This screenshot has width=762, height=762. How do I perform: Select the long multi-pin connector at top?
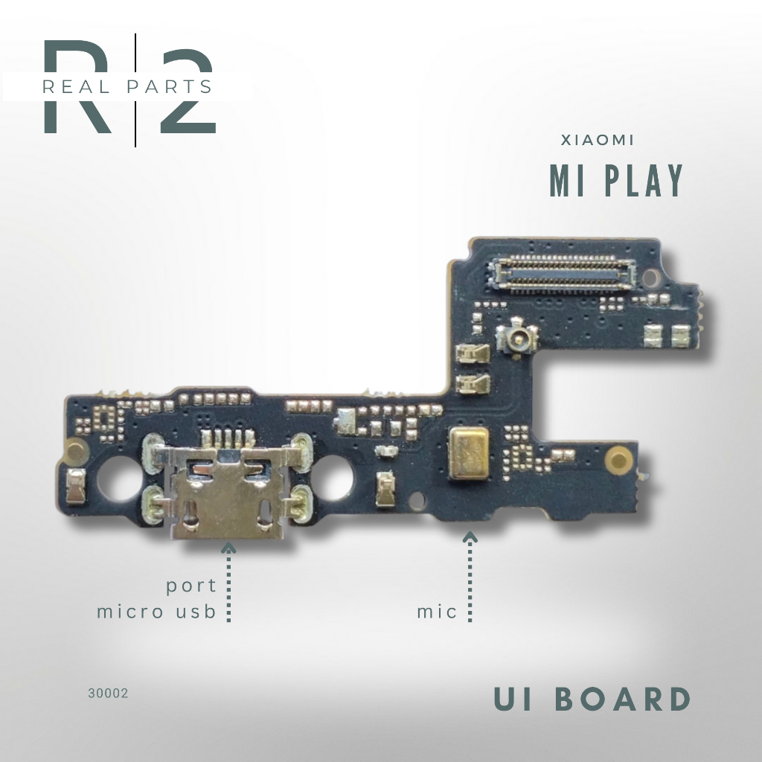[x=560, y=272]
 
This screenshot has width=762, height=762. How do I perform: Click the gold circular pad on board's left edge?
[x=74, y=449]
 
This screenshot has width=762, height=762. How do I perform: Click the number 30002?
[x=108, y=693]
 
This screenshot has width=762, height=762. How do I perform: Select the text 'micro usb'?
[x=156, y=612]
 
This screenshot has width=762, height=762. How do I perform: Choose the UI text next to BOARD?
[x=515, y=699]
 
